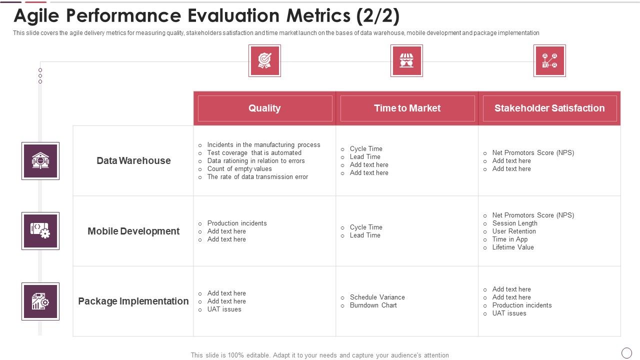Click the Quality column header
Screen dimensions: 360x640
coord(264,108)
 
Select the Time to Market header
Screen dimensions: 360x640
coord(407,108)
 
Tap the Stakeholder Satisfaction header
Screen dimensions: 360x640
coord(549,108)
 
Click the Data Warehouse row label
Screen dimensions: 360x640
coord(133,161)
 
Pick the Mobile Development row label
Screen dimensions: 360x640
coord(133,231)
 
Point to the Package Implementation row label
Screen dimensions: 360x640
coord(133,301)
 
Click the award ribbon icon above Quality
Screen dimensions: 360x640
coord(264,61)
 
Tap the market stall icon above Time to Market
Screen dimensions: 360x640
coord(406,61)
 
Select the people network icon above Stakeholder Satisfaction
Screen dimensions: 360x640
coord(549,61)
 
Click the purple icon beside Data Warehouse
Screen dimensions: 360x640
coord(40,161)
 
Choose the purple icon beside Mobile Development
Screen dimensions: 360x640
coord(40,231)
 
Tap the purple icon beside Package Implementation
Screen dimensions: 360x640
coord(40,301)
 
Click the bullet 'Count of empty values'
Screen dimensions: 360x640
coord(239,169)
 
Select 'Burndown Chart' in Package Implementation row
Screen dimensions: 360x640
coord(373,305)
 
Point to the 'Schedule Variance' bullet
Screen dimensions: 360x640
coord(377,297)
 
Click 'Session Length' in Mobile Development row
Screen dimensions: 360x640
coord(514,223)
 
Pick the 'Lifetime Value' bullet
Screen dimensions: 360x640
coord(512,247)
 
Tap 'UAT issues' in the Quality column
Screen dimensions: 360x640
coord(224,309)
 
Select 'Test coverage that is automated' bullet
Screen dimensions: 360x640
coord(254,153)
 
